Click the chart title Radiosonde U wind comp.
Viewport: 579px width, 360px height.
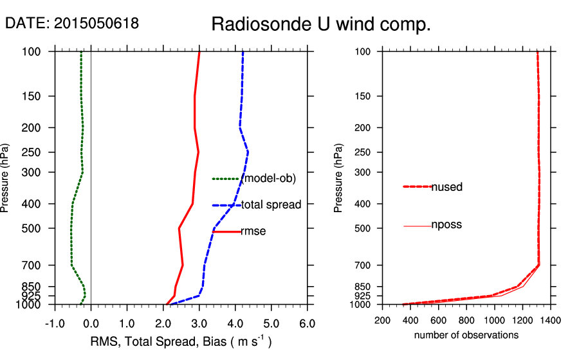tap(321, 25)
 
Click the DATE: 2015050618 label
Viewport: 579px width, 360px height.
tap(72, 23)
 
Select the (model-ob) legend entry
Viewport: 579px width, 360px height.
tap(268, 179)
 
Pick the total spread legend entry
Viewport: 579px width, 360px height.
tap(271, 205)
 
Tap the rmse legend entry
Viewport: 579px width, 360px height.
tap(253, 231)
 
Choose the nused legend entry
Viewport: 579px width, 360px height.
tap(446, 187)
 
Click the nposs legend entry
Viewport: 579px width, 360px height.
tap(446, 225)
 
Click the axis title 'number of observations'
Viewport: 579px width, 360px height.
tap(466, 335)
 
